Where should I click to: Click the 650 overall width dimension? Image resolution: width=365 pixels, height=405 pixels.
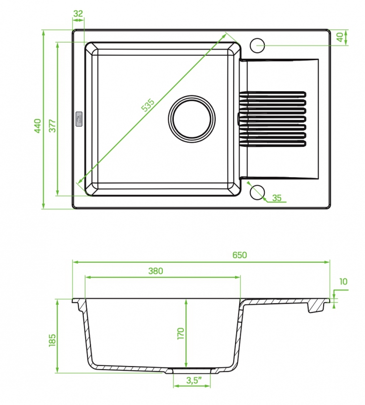point(240,255)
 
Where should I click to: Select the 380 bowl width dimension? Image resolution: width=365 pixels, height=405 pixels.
point(156,271)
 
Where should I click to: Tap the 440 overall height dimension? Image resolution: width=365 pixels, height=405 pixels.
point(37,126)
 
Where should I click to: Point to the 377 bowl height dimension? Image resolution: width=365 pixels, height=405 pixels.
point(53,126)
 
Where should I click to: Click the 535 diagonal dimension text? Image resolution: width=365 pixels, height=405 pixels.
point(148,105)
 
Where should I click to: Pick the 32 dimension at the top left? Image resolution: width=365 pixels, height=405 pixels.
point(78,14)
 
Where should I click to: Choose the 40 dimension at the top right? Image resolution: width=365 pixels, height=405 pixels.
point(340,37)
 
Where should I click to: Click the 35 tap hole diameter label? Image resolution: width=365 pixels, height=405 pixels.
point(277,198)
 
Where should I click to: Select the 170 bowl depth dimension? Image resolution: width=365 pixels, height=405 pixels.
point(181,333)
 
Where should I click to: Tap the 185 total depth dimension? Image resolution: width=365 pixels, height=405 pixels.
point(52,340)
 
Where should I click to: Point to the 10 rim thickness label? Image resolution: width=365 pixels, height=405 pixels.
point(343,281)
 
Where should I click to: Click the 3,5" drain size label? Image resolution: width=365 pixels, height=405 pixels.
point(194,380)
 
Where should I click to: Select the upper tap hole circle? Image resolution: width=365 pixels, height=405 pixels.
point(257,46)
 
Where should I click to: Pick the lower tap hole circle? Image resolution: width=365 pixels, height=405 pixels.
point(257,192)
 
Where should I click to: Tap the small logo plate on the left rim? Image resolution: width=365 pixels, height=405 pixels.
point(79,119)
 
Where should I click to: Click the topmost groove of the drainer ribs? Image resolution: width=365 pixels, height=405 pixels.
point(272,94)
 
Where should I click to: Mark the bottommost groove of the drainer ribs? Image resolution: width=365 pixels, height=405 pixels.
point(272,144)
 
